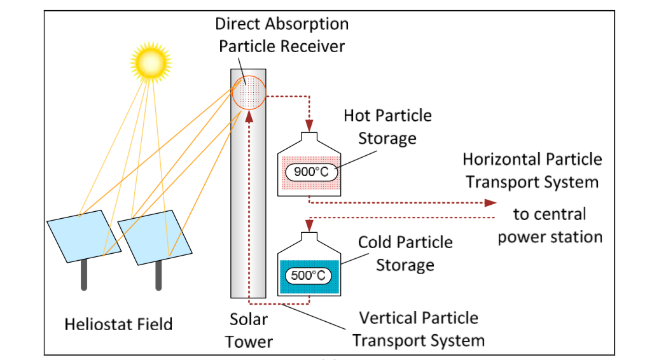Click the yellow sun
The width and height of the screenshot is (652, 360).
pos(151,62)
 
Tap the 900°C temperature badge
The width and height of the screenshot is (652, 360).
pos(310,172)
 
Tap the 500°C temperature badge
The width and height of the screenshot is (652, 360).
pos(308,275)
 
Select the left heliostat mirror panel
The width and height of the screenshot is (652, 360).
pos(84,236)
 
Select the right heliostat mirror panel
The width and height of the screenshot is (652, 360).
pos(155,237)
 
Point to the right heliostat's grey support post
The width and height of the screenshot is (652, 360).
pos(158,275)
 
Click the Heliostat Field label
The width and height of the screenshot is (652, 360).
pos(118,324)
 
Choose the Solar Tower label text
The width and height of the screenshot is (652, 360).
pos(249,331)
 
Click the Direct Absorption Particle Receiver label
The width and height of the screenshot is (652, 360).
pos(282,35)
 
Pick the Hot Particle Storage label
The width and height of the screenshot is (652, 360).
pos(387,127)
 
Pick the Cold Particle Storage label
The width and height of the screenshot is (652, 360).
pos(405,254)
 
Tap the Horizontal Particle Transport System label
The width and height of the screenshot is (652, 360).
pos(532,170)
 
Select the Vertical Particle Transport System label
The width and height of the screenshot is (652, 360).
pos(419,329)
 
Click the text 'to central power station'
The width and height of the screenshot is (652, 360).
pos(550,225)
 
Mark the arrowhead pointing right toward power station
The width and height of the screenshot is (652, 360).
pos(490,203)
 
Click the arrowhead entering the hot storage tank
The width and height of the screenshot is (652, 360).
pos(309,125)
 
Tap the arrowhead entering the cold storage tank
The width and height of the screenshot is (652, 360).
pos(309,226)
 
